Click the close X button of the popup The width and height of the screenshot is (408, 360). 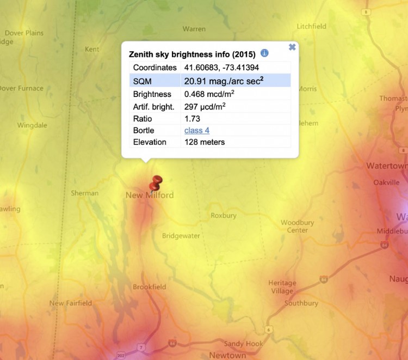pyautogui.click(x=292, y=47)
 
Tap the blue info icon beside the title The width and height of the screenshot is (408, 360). pyautogui.click(x=264, y=53)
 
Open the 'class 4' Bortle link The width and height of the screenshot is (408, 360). pyautogui.click(x=196, y=131)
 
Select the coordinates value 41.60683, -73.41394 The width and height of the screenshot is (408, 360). pyautogui.click(x=221, y=68)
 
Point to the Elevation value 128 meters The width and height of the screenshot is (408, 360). pyautogui.click(x=204, y=142)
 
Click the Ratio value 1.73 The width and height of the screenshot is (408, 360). pyautogui.click(x=192, y=119)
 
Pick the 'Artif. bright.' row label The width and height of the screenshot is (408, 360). pyautogui.click(x=154, y=107)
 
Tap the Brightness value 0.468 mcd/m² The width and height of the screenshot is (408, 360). pyautogui.click(x=209, y=94)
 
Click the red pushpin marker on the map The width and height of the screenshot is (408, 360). pyautogui.click(x=158, y=181)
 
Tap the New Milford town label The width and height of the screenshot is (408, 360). pyautogui.click(x=150, y=195)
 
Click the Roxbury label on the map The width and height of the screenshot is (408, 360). pyautogui.click(x=224, y=216)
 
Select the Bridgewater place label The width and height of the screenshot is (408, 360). pyautogui.click(x=181, y=236)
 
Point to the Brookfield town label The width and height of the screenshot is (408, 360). pyautogui.click(x=150, y=287)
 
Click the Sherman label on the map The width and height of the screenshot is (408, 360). pyautogui.click(x=85, y=193)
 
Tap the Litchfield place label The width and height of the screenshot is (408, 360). pyautogui.click(x=312, y=26)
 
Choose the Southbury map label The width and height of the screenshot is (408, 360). pyautogui.click(x=301, y=303)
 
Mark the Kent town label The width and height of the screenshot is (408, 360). pyautogui.click(x=92, y=49)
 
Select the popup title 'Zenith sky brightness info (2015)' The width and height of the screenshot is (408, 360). pyautogui.click(x=192, y=54)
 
